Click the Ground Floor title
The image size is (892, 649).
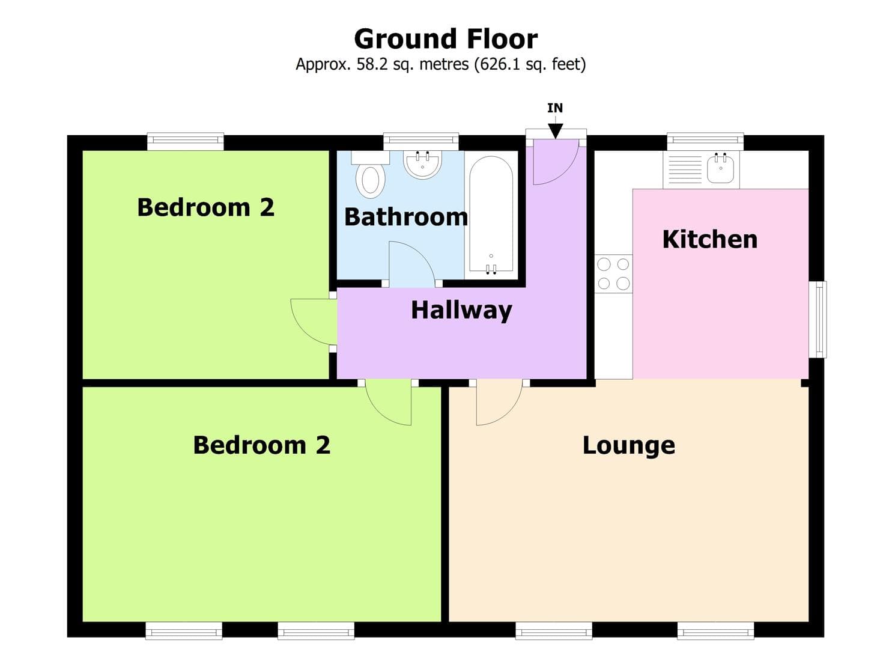click(445, 39)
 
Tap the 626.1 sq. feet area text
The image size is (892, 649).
click(530, 64)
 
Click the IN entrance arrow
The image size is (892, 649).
click(555, 130)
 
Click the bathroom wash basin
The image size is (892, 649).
click(422, 164)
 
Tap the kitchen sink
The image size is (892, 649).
click(720, 169)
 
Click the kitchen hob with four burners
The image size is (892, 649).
click(613, 273)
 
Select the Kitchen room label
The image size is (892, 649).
click(709, 239)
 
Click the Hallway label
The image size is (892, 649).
click(461, 310)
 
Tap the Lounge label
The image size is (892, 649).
click(628, 445)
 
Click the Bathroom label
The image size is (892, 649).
click(405, 217)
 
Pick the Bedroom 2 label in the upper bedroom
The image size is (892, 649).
click(205, 207)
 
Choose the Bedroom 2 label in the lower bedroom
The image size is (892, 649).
click(261, 445)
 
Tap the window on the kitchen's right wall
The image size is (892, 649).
click(818, 319)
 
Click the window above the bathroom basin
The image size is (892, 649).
click(421, 142)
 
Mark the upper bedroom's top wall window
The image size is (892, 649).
click(186, 142)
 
